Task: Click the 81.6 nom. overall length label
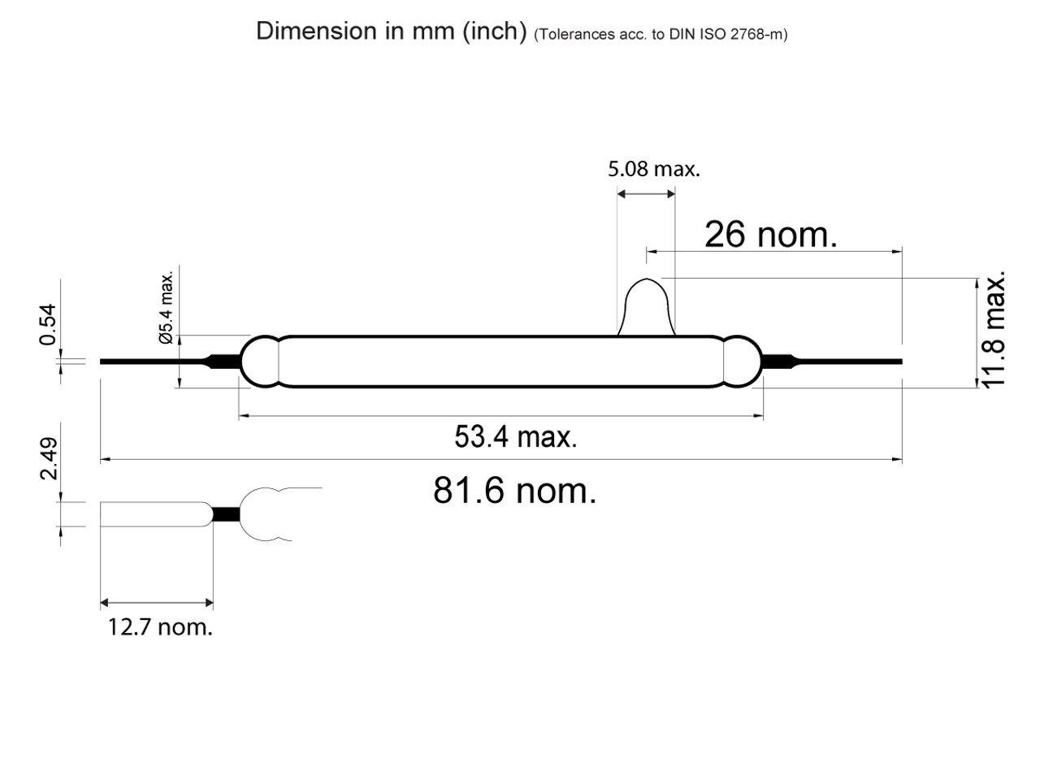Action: click(x=514, y=491)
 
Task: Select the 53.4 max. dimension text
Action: click(x=515, y=437)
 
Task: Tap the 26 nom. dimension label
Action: click(x=770, y=234)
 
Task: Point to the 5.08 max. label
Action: click(x=653, y=169)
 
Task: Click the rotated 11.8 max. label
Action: click(x=994, y=329)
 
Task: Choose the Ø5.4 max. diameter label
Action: click(x=167, y=308)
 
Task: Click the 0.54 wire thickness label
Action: click(x=48, y=324)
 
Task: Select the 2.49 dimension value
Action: click(x=48, y=458)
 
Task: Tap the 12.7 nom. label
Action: click(x=160, y=626)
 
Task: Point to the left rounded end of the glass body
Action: click(x=259, y=362)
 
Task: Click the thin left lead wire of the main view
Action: click(x=150, y=361)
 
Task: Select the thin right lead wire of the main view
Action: click(x=853, y=362)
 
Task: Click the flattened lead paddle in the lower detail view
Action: click(x=154, y=514)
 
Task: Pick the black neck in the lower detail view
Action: click(x=227, y=514)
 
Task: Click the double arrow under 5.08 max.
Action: click(x=646, y=193)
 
